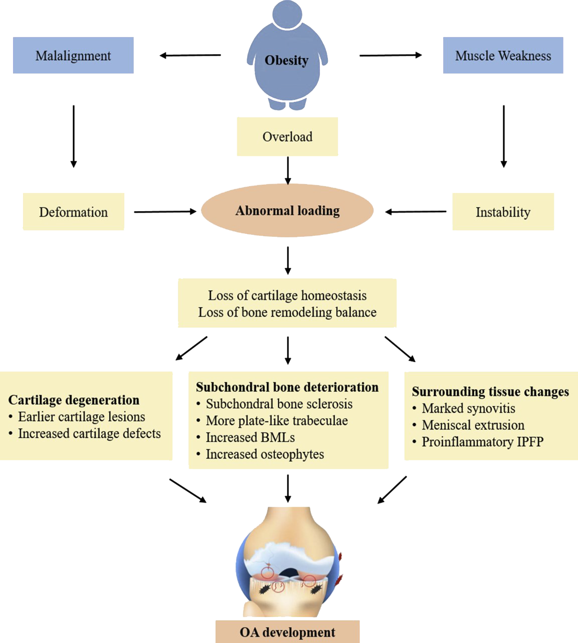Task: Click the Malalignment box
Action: click(x=73, y=55)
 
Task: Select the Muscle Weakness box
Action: click(x=503, y=55)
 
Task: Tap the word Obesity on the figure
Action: click(x=286, y=60)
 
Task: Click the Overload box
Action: click(x=287, y=136)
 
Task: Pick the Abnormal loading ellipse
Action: click(x=287, y=211)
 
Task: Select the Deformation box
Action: click(x=73, y=212)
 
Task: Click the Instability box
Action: click(x=503, y=212)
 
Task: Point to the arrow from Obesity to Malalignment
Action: click(x=190, y=55)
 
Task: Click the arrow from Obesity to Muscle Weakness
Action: click(x=391, y=55)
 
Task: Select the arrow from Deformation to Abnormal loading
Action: click(x=165, y=212)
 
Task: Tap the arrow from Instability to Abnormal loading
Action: click(x=416, y=212)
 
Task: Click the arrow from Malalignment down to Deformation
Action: click(x=74, y=136)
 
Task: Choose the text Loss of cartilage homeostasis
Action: click(x=287, y=295)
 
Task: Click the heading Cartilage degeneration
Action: click(x=74, y=400)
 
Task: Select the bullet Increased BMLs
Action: click(x=250, y=437)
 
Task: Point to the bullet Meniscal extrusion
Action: click(x=473, y=425)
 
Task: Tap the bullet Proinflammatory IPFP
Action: click(x=482, y=441)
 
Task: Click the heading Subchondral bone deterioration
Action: click(x=287, y=387)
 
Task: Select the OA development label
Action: click(x=287, y=632)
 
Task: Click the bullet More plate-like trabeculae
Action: click(x=277, y=420)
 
